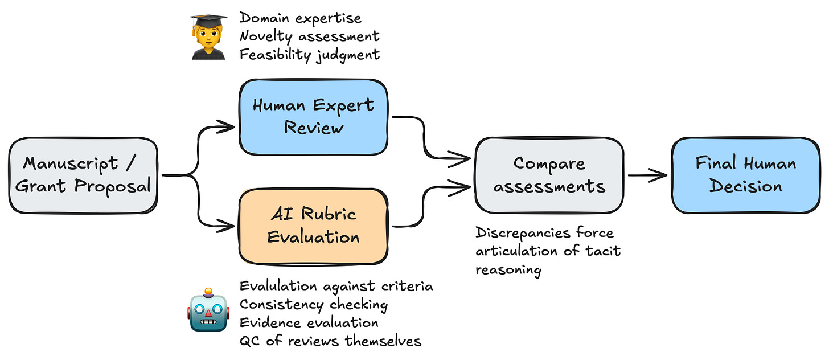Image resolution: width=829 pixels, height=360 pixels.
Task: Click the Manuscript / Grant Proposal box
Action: pyautogui.click(x=83, y=175)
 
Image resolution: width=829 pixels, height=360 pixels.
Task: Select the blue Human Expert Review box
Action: pyautogui.click(x=313, y=116)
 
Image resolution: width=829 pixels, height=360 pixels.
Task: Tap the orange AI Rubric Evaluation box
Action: pyautogui.click(x=313, y=226)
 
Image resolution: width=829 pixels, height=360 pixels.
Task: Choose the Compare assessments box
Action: pyautogui.click(x=549, y=175)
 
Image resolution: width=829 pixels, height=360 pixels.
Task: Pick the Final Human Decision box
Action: pyautogui.click(x=746, y=175)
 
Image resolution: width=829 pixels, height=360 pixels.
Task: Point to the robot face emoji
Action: pyautogui.click(x=208, y=310)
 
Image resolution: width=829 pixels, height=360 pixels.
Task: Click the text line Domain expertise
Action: pyautogui.click(x=300, y=18)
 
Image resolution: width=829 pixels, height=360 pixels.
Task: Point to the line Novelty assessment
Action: pyautogui.click(x=309, y=36)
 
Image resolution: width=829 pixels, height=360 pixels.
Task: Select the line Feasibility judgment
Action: pyautogui.click(x=309, y=55)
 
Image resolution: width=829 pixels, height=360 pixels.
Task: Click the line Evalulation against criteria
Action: pyautogui.click(x=336, y=286)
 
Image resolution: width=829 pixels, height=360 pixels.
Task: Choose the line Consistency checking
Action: pyautogui.click(x=313, y=304)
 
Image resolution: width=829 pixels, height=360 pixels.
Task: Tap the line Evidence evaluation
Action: pyautogui.click(x=309, y=322)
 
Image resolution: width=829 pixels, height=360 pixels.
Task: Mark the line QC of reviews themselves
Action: pyautogui.click(x=330, y=341)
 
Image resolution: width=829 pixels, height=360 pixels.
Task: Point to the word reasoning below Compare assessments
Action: pyautogui.click(x=508, y=270)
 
